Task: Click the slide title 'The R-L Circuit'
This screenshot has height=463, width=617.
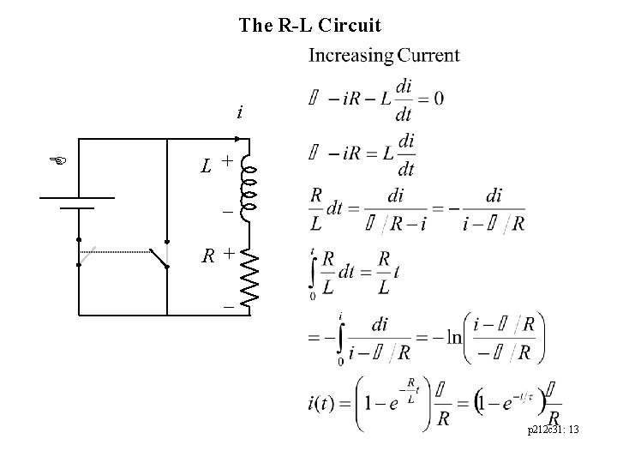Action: tap(310, 26)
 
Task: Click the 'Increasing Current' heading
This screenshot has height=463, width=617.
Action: tap(383, 57)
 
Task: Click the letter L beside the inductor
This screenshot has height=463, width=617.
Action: tap(207, 163)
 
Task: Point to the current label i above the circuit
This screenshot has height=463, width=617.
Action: tap(240, 112)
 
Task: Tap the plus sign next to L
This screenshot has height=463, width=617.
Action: tap(227, 160)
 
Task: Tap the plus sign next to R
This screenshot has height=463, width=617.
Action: tap(228, 253)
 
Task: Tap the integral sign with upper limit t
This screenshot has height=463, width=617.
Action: tap(314, 273)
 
